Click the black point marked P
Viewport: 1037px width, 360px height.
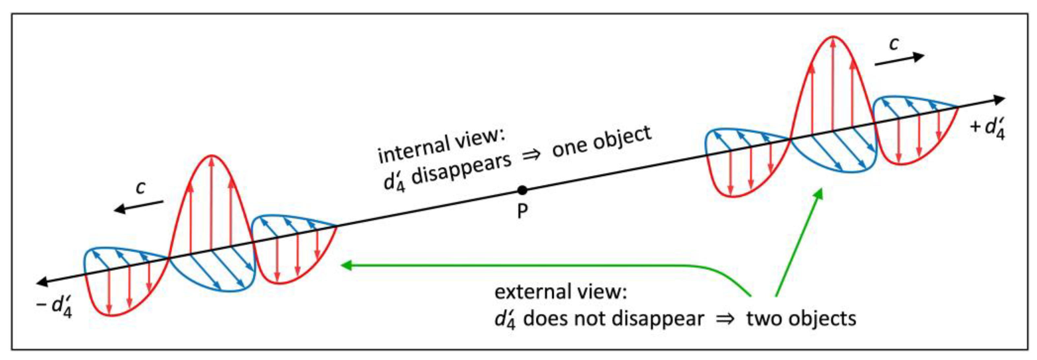tap(522, 190)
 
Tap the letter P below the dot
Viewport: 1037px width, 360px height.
tap(522, 211)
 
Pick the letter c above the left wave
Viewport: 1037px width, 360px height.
tap(140, 188)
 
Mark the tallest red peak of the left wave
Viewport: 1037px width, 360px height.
tap(211, 157)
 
